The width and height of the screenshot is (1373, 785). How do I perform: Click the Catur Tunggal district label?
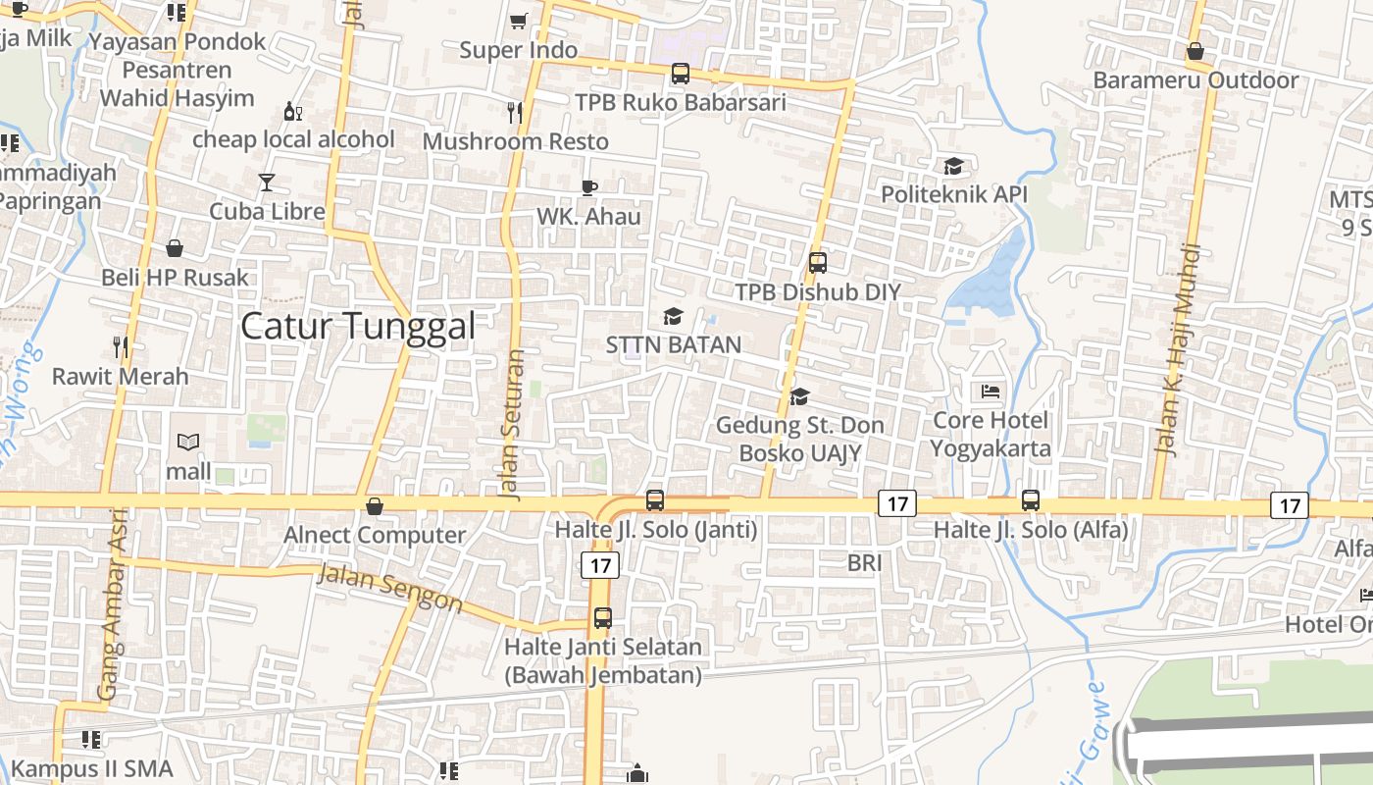[358, 326]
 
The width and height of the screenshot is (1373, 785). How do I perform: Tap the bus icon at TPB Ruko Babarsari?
[680, 74]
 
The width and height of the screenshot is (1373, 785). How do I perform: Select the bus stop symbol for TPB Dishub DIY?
[818, 263]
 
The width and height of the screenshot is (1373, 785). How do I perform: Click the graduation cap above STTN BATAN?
[673, 316]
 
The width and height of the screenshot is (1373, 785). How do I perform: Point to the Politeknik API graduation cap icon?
[953, 166]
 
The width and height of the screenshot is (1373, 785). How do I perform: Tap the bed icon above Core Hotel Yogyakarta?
[992, 392]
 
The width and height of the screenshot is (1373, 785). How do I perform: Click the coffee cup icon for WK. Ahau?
[588, 187]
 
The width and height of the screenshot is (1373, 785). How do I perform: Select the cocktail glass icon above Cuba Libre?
[267, 182]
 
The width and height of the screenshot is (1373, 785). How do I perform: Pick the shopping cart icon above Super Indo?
[519, 21]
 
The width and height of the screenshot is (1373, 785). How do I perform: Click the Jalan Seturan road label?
[513, 424]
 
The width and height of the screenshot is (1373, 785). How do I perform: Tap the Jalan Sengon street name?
[389, 589]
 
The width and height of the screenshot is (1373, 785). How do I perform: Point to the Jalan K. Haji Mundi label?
[1176, 363]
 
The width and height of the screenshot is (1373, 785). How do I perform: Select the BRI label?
[864, 563]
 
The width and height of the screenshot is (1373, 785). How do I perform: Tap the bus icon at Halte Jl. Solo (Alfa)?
[1031, 499]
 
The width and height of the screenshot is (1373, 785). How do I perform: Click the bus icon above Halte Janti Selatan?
[602, 618]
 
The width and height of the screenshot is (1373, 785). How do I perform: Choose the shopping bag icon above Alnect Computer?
[374, 506]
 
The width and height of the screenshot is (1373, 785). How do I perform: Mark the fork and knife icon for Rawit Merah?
[120, 346]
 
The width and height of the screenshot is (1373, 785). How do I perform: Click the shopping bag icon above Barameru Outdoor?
[1195, 51]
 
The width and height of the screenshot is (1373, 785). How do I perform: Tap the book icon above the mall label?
[188, 443]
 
